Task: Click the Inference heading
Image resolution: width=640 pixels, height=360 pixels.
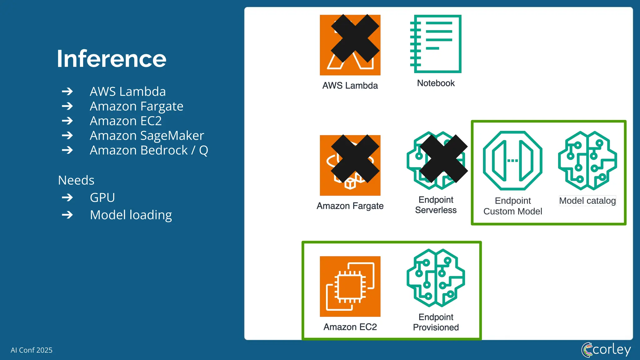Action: tap(111, 59)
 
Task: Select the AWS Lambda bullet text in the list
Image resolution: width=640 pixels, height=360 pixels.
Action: tap(127, 92)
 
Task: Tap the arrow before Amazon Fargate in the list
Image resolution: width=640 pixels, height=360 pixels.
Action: tap(67, 106)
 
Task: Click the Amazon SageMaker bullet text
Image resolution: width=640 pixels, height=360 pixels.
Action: tap(147, 136)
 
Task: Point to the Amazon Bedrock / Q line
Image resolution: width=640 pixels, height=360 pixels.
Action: tap(149, 150)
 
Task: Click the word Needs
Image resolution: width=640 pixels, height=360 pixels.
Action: tap(76, 180)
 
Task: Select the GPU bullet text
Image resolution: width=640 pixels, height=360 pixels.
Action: tap(102, 197)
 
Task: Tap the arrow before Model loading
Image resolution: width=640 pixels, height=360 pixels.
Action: tap(67, 215)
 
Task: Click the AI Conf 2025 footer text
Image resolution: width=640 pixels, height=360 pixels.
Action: tap(32, 350)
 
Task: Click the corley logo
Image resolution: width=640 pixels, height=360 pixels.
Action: tap(606, 349)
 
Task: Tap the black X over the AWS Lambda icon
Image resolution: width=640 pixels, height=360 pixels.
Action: tap(355, 38)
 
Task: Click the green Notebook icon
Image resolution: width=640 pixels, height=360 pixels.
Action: tap(436, 44)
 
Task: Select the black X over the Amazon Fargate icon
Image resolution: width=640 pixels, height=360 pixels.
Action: tap(355, 159)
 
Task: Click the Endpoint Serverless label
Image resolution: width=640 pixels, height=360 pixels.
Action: tap(436, 205)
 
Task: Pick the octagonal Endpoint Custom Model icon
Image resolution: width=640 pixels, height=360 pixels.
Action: tap(512, 160)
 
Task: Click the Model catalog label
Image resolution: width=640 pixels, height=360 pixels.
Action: tap(587, 201)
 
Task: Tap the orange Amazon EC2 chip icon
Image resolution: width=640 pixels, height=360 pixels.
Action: tap(350, 287)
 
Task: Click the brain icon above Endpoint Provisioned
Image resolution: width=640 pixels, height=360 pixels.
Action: tap(436, 278)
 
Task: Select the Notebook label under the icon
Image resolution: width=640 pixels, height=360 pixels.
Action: tap(436, 83)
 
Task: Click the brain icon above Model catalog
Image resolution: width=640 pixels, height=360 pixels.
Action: tap(587, 160)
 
